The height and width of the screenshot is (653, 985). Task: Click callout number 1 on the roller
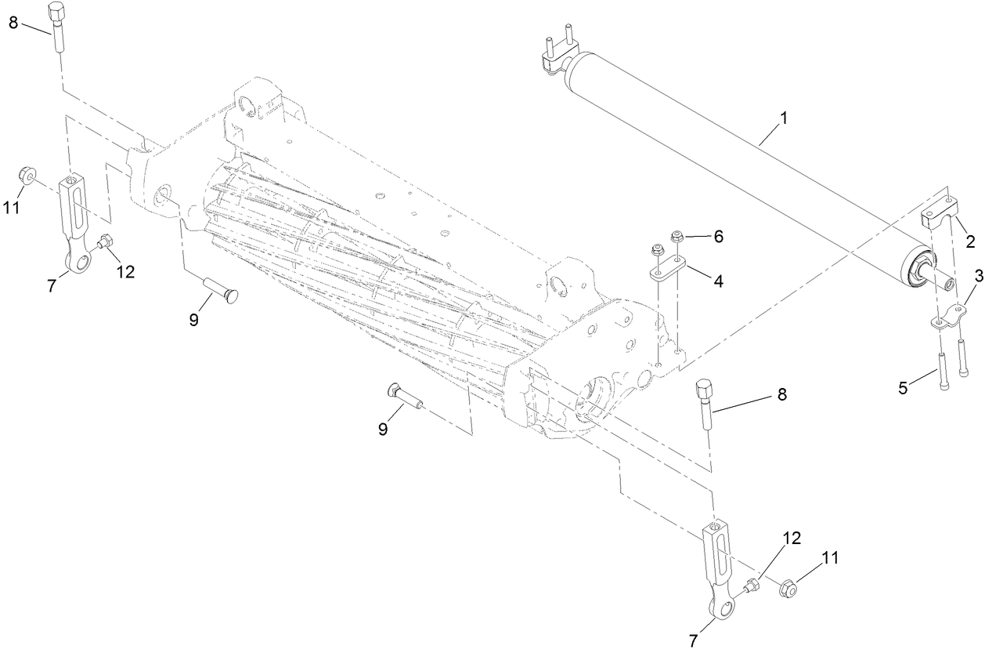pyautogui.click(x=784, y=118)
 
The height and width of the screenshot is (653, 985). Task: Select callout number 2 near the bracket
pyautogui.click(x=970, y=241)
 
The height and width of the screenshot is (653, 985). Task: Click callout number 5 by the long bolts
pyautogui.click(x=903, y=388)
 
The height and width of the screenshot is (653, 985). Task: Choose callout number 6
pyautogui.click(x=717, y=236)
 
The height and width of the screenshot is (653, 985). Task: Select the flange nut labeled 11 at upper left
pyautogui.click(x=24, y=173)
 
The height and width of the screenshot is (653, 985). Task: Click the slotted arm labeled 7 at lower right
pyautogui.click(x=719, y=564)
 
